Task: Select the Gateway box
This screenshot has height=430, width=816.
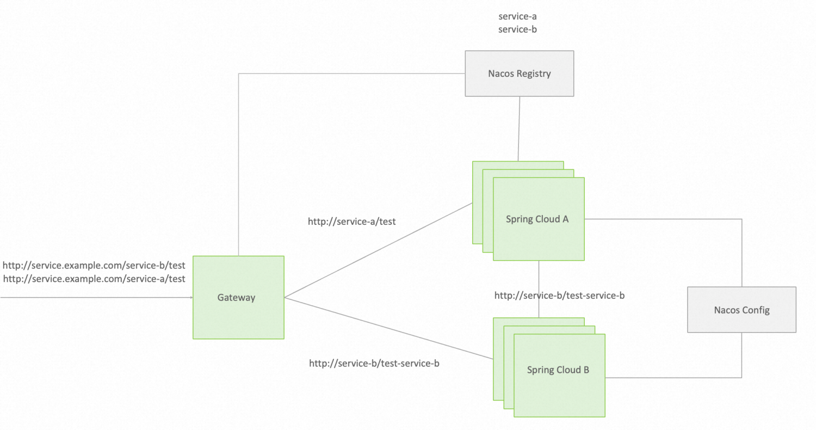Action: (x=238, y=297)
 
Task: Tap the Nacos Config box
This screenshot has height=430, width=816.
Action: (x=741, y=310)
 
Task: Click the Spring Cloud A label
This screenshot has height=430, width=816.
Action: (x=537, y=219)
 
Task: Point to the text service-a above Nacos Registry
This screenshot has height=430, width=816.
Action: (x=517, y=17)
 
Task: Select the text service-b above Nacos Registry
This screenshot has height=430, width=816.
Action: (x=517, y=29)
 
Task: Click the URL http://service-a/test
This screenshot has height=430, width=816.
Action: (x=351, y=222)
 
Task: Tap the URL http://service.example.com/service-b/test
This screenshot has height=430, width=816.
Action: (x=94, y=266)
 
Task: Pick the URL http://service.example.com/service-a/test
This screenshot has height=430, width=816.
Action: (x=94, y=279)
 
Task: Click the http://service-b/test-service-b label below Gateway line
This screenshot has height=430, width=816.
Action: (x=374, y=363)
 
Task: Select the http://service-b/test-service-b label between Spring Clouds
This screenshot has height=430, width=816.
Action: (x=559, y=296)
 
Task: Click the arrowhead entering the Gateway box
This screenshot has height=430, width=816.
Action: (x=190, y=298)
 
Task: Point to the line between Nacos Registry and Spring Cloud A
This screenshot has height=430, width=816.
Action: (x=520, y=128)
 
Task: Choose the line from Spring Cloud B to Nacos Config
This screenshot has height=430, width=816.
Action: (x=675, y=377)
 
